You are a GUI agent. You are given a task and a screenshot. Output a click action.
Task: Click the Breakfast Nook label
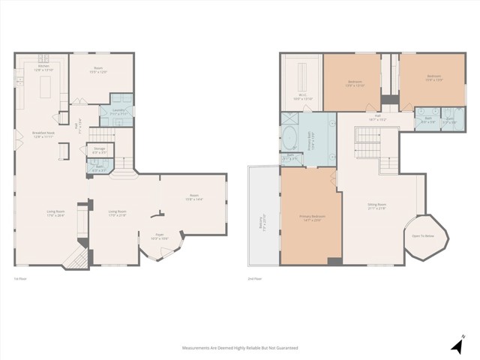[41, 135]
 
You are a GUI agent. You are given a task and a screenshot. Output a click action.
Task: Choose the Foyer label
[160, 237]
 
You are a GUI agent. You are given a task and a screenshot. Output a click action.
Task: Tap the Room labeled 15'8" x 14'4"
[194, 199]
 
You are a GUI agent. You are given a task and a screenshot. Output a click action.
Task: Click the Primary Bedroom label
[310, 218]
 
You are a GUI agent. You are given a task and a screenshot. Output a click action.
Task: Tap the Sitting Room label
[376, 206]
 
